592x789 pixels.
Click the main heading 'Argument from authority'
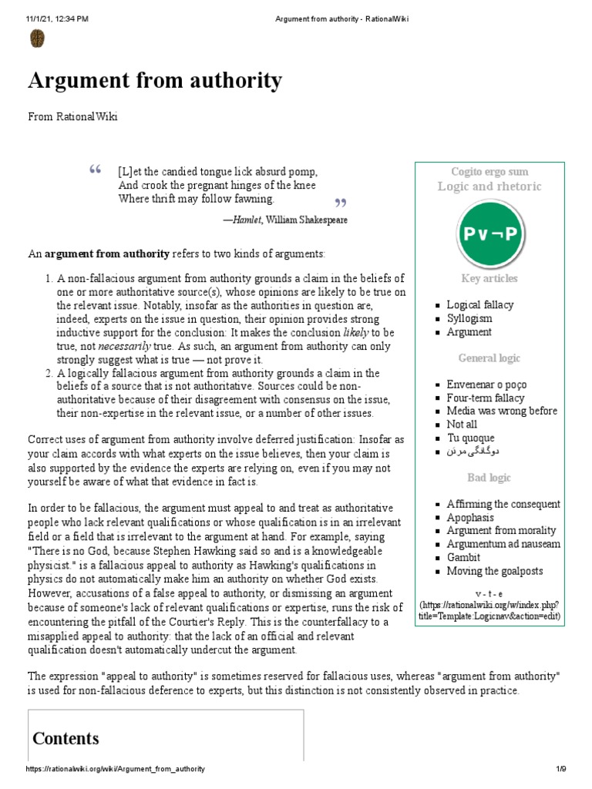[155, 80]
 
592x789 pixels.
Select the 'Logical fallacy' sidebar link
[479, 304]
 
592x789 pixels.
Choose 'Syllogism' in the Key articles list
[469, 318]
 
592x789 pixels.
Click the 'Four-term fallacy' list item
[485, 398]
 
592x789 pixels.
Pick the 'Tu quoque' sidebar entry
[471, 438]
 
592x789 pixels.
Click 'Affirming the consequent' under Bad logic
[503, 504]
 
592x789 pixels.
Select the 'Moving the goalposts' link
[494, 571]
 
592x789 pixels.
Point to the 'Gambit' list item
[463, 557]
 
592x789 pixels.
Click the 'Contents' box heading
[66, 738]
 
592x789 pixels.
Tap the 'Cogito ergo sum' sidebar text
[489, 172]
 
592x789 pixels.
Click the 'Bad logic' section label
[489, 478]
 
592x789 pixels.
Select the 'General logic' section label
[489, 358]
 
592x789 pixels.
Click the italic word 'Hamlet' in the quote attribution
[247, 220]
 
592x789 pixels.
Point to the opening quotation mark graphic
[96, 170]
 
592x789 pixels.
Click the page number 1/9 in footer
[560, 770]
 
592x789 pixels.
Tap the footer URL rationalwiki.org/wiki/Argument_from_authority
[116, 770]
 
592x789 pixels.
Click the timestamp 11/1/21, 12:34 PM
[57, 18]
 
